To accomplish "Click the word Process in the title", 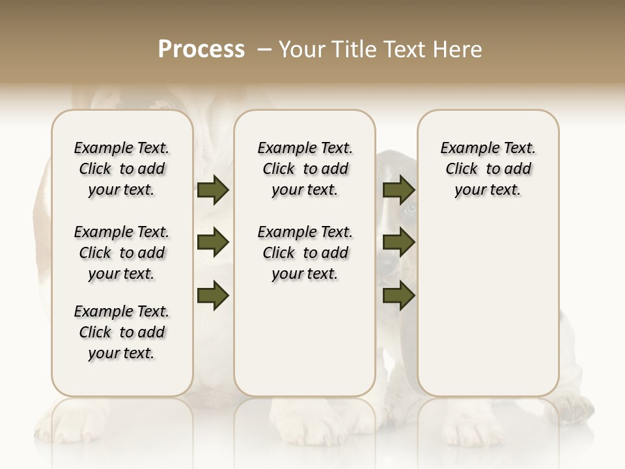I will (x=201, y=50).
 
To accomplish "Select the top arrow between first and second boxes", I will (x=213, y=190).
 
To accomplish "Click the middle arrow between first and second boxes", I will (x=213, y=243).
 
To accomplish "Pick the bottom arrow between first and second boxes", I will (x=213, y=296).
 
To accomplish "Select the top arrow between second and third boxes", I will (x=398, y=190).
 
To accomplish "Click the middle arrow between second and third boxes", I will (x=398, y=243).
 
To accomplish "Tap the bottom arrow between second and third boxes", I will (x=398, y=296).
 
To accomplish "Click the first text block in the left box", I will (x=122, y=169).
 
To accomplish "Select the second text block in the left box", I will (x=122, y=253).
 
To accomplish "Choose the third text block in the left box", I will (x=122, y=332).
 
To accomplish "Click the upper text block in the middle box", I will (x=305, y=169).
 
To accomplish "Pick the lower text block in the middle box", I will (x=305, y=253).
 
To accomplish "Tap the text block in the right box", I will (x=488, y=169).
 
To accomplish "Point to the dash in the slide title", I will (x=264, y=50).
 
